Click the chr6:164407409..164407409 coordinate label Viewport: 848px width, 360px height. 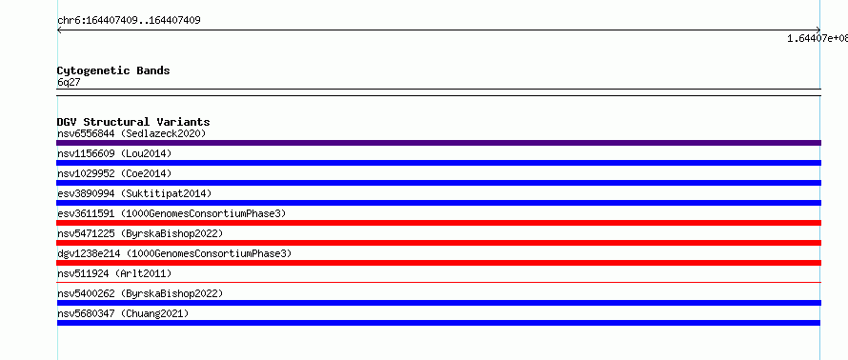point(129,21)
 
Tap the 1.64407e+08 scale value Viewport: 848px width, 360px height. point(818,38)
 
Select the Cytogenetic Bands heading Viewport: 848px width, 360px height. point(113,70)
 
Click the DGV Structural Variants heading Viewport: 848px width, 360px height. point(133,122)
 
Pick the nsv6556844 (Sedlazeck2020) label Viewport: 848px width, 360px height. point(131,133)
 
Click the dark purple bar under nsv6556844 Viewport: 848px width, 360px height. point(438,143)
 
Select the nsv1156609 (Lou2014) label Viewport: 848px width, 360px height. point(114,153)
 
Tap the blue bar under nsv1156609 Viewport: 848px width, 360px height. point(438,163)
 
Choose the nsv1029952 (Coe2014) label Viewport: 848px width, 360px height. point(114,173)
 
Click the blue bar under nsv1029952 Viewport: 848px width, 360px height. point(438,183)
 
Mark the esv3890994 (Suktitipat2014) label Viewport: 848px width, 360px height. point(134,193)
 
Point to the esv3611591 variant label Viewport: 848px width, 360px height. point(172,213)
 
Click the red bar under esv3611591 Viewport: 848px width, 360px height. point(438,223)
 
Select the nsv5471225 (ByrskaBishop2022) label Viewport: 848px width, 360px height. point(140,233)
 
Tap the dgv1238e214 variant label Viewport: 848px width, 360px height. point(174,253)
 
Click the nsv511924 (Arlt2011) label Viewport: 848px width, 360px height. point(114,273)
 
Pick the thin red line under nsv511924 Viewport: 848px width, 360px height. point(438,282)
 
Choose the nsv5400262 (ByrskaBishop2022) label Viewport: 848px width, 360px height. point(140,293)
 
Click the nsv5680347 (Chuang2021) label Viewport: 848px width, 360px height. point(123,313)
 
